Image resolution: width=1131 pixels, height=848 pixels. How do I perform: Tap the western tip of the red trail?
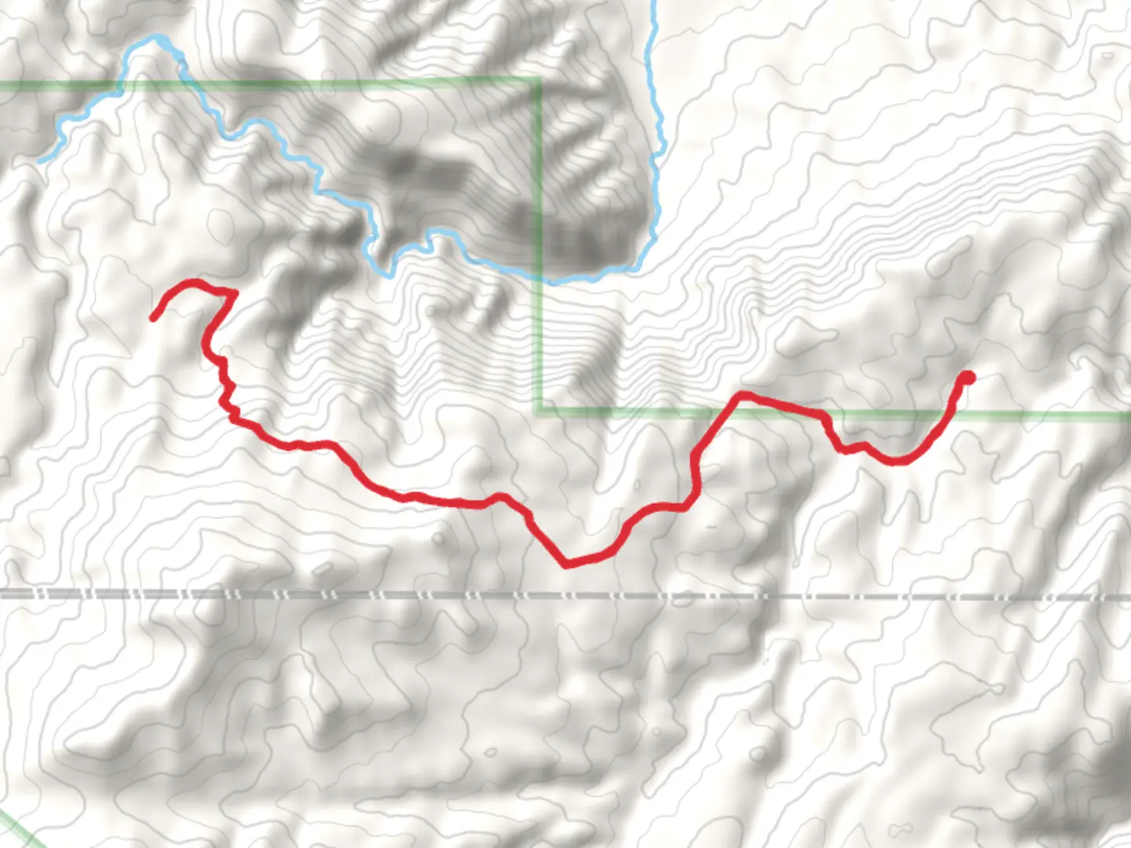coord(153,318)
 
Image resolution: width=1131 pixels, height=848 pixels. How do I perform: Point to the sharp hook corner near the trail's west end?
coord(233,293)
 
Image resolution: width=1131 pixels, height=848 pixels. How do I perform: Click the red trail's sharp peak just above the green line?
coord(741,394)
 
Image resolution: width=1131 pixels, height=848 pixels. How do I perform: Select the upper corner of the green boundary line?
coord(539,80)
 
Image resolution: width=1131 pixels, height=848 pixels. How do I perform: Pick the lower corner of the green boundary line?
coord(539,410)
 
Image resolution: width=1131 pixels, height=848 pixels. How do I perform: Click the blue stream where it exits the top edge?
coord(653,3)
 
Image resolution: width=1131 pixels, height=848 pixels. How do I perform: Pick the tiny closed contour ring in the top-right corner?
coord(1107,56)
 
